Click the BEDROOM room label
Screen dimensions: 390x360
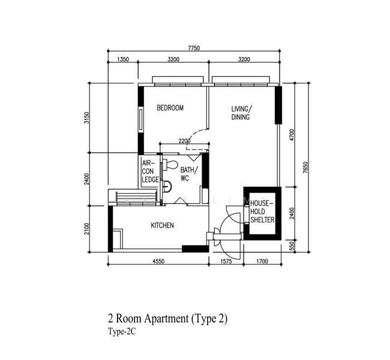(170, 108)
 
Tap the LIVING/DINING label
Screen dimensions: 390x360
(242, 113)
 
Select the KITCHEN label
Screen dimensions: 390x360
(162, 226)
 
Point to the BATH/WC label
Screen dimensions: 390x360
(189, 174)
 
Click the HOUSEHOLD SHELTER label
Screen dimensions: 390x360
(262, 211)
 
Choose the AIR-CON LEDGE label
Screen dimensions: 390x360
(150, 172)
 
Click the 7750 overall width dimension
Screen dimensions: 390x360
(194, 48)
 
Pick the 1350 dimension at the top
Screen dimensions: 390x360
(123, 59)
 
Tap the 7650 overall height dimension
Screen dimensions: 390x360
(305, 167)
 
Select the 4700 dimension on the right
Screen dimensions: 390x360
(292, 134)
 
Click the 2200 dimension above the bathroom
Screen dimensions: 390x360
(184, 141)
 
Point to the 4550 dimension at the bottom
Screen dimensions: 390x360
(158, 261)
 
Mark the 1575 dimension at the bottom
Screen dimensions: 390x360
(226, 261)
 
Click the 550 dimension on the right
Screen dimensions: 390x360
(292, 246)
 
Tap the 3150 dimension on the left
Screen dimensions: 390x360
(86, 118)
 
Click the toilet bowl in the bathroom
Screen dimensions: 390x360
(170, 164)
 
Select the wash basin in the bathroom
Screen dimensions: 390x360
(167, 186)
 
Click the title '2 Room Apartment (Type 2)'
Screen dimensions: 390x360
(167, 319)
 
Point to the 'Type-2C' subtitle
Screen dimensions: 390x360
(122, 332)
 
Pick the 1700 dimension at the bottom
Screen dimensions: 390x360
(262, 261)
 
